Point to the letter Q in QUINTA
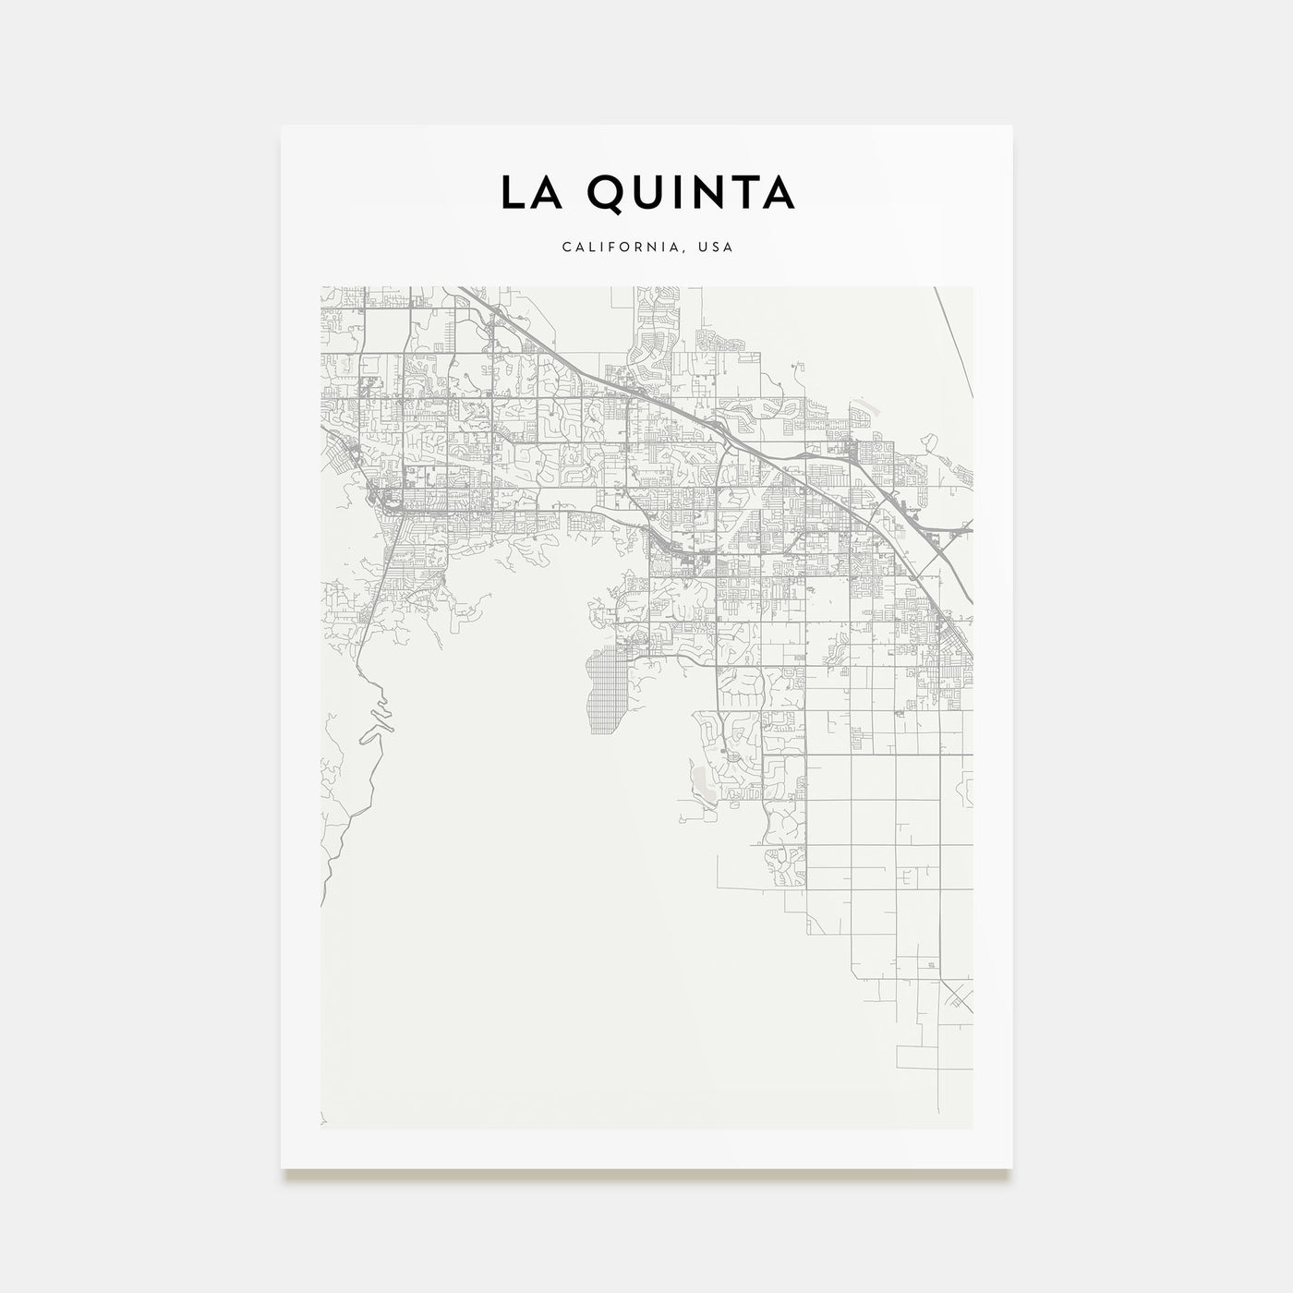pyautogui.click(x=603, y=192)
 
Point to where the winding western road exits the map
pyautogui.click(x=321, y=905)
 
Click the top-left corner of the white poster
pyautogui.click(x=282, y=126)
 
